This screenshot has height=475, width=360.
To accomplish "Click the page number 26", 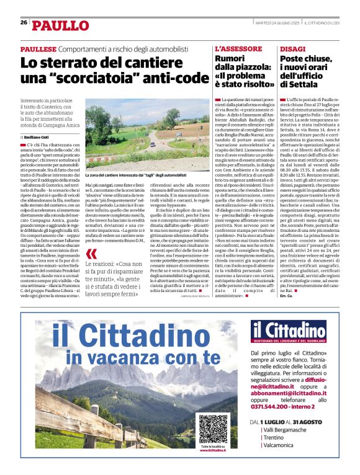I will tap(24, 22).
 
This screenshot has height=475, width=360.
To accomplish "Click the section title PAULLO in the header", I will tap(61, 25).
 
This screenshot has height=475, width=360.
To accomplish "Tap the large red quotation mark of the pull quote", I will tap(91, 254).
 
